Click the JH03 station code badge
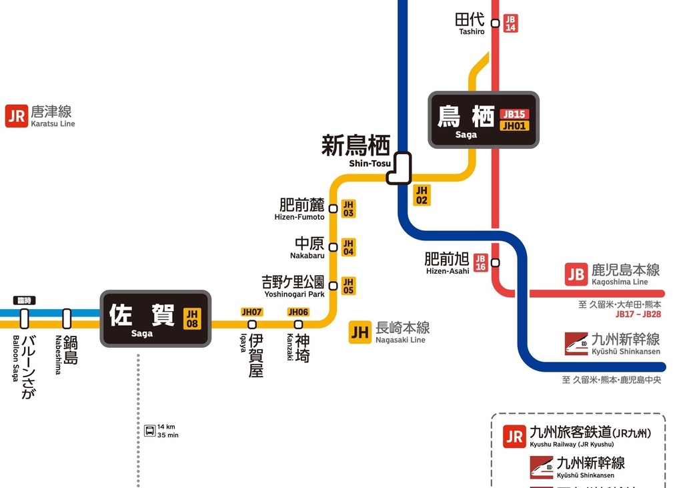[348, 209]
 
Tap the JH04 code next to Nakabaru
[348, 248]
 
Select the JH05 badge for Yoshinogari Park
[348, 286]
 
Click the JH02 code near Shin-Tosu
[422, 195]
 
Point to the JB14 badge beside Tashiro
[510, 23]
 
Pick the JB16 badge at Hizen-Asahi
[480, 263]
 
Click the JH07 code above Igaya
[251, 312]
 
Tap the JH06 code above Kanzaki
[298, 312]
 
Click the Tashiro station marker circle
[495, 23]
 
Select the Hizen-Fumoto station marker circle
[333, 209]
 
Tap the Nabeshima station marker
[67, 318]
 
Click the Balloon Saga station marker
[24, 318]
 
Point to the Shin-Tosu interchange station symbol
[399, 168]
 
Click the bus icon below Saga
[149, 431]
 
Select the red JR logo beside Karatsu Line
[16, 116]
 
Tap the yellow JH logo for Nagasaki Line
[360, 332]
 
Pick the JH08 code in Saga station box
[192, 318]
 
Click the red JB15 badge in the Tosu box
[514, 114]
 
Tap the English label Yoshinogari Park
[294, 294]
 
